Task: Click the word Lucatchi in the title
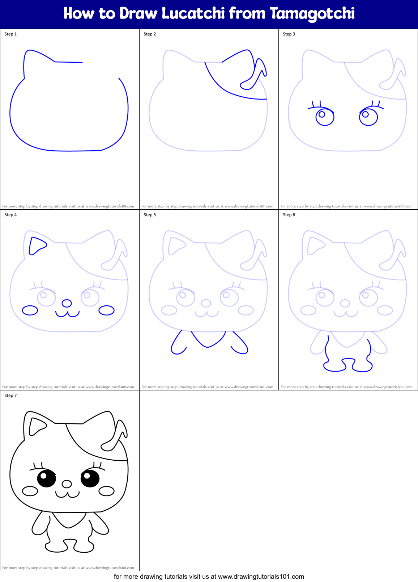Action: [x=193, y=13]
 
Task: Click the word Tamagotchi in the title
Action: [x=312, y=14]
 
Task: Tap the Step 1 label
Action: [x=10, y=34]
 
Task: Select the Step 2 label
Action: [x=150, y=34]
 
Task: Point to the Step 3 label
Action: [x=289, y=34]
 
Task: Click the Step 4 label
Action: [x=10, y=215]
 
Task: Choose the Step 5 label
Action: [x=150, y=215]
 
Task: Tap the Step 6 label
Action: [x=289, y=215]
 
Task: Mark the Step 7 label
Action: [x=10, y=395]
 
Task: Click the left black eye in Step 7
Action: [x=47, y=478]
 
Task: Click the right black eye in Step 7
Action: [x=90, y=478]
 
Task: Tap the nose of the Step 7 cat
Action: [x=67, y=484]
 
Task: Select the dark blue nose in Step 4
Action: [x=67, y=303]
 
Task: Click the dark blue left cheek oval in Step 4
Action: [x=30, y=310]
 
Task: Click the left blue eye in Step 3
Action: [x=325, y=117]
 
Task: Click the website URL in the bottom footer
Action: [x=261, y=576]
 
